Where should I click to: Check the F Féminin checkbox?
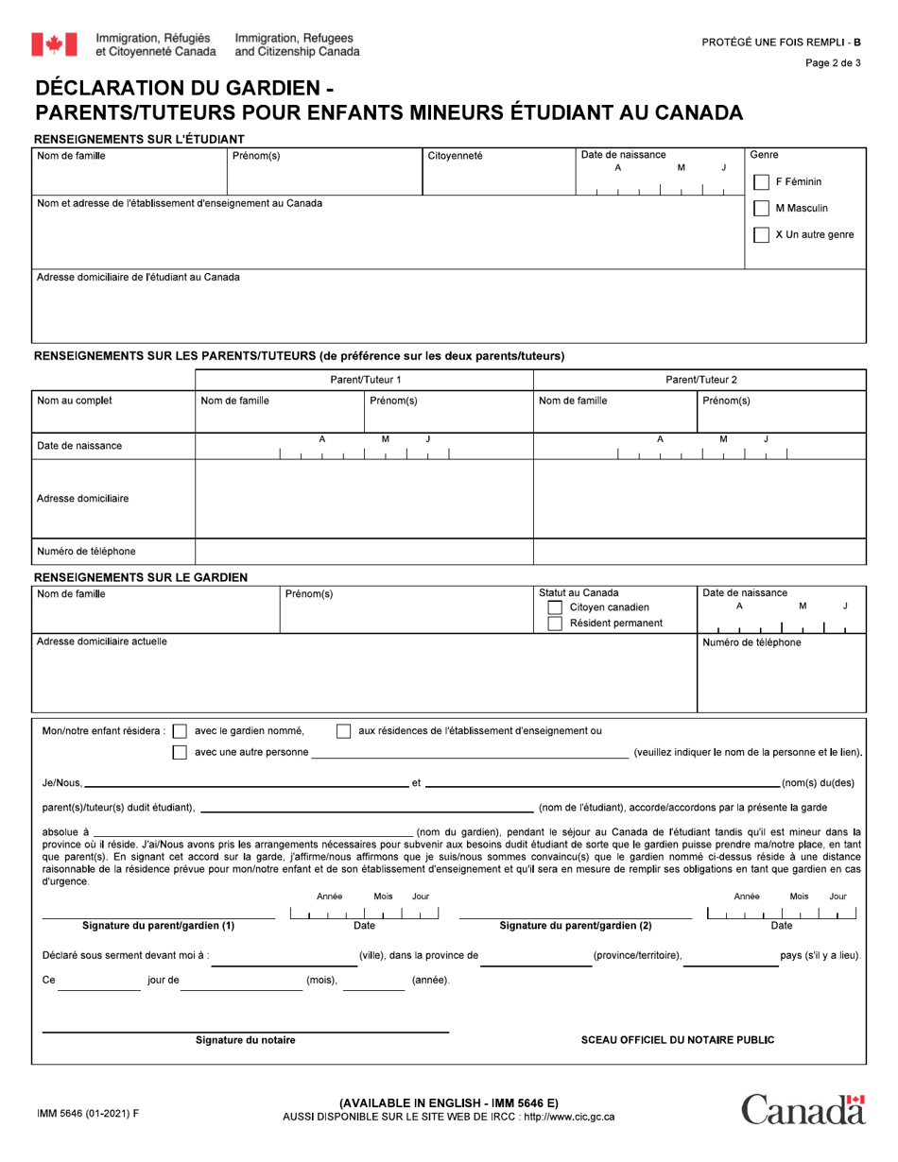coord(761,182)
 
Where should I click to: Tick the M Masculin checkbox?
coord(761,209)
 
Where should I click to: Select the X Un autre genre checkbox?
coord(761,235)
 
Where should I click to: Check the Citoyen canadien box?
coord(556,607)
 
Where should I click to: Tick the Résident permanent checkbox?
coord(556,624)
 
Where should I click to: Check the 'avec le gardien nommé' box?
coord(180,731)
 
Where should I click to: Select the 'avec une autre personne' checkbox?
coord(180,753)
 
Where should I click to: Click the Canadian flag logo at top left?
coord(54,43)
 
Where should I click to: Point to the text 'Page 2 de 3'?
coord(833,63)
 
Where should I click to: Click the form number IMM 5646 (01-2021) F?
coord(87,1114)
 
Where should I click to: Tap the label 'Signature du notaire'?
coord(245,1040)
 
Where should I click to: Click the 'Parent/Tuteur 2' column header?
coord(700,380)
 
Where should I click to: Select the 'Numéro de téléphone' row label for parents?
coord(86,552)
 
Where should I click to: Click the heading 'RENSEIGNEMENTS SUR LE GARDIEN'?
coord(141,577)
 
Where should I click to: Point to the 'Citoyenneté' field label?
coord(455,156)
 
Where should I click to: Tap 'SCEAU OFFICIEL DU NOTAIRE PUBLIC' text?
coord(678,1040)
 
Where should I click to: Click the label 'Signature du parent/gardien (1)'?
coord(159,926)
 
